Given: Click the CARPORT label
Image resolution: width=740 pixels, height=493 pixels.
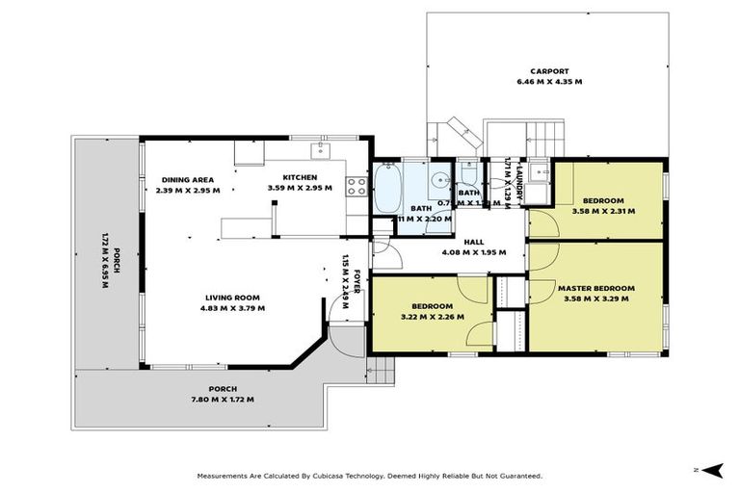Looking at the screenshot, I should (549, 70).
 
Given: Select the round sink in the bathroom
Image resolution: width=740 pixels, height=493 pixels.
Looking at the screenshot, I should (438, 178).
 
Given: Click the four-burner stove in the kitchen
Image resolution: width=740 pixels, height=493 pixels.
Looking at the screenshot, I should (357, 184).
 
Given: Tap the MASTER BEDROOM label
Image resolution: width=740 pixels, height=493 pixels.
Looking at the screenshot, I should (596, 288).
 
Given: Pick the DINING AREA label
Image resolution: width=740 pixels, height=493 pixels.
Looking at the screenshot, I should (188, 179).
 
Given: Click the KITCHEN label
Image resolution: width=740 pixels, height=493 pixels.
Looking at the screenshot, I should (300, 176).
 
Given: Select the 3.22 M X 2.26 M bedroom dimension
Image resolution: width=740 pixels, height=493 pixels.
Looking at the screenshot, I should (433, 316).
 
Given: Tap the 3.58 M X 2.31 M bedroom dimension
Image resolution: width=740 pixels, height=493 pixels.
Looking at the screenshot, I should (603, 211).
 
